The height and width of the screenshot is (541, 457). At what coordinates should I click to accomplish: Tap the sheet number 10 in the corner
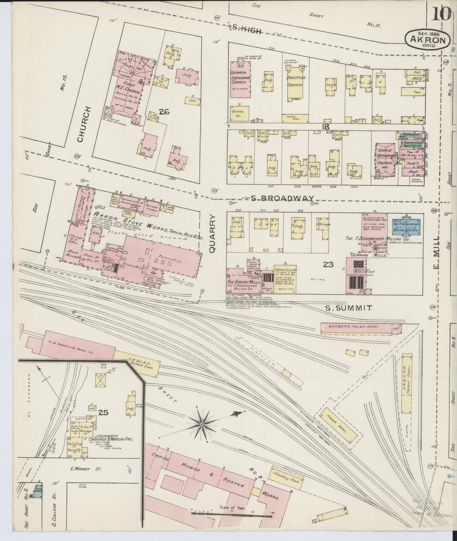tap(441, 14)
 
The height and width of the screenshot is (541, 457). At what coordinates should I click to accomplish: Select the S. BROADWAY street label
tap(282, 198)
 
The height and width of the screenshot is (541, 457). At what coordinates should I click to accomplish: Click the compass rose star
tap(201, 423)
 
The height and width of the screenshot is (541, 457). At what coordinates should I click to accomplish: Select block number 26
tap(164, 112)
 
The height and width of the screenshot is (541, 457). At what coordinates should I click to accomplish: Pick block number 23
tap(328, 264)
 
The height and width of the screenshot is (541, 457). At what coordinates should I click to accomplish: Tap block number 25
tap(103, 412)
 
